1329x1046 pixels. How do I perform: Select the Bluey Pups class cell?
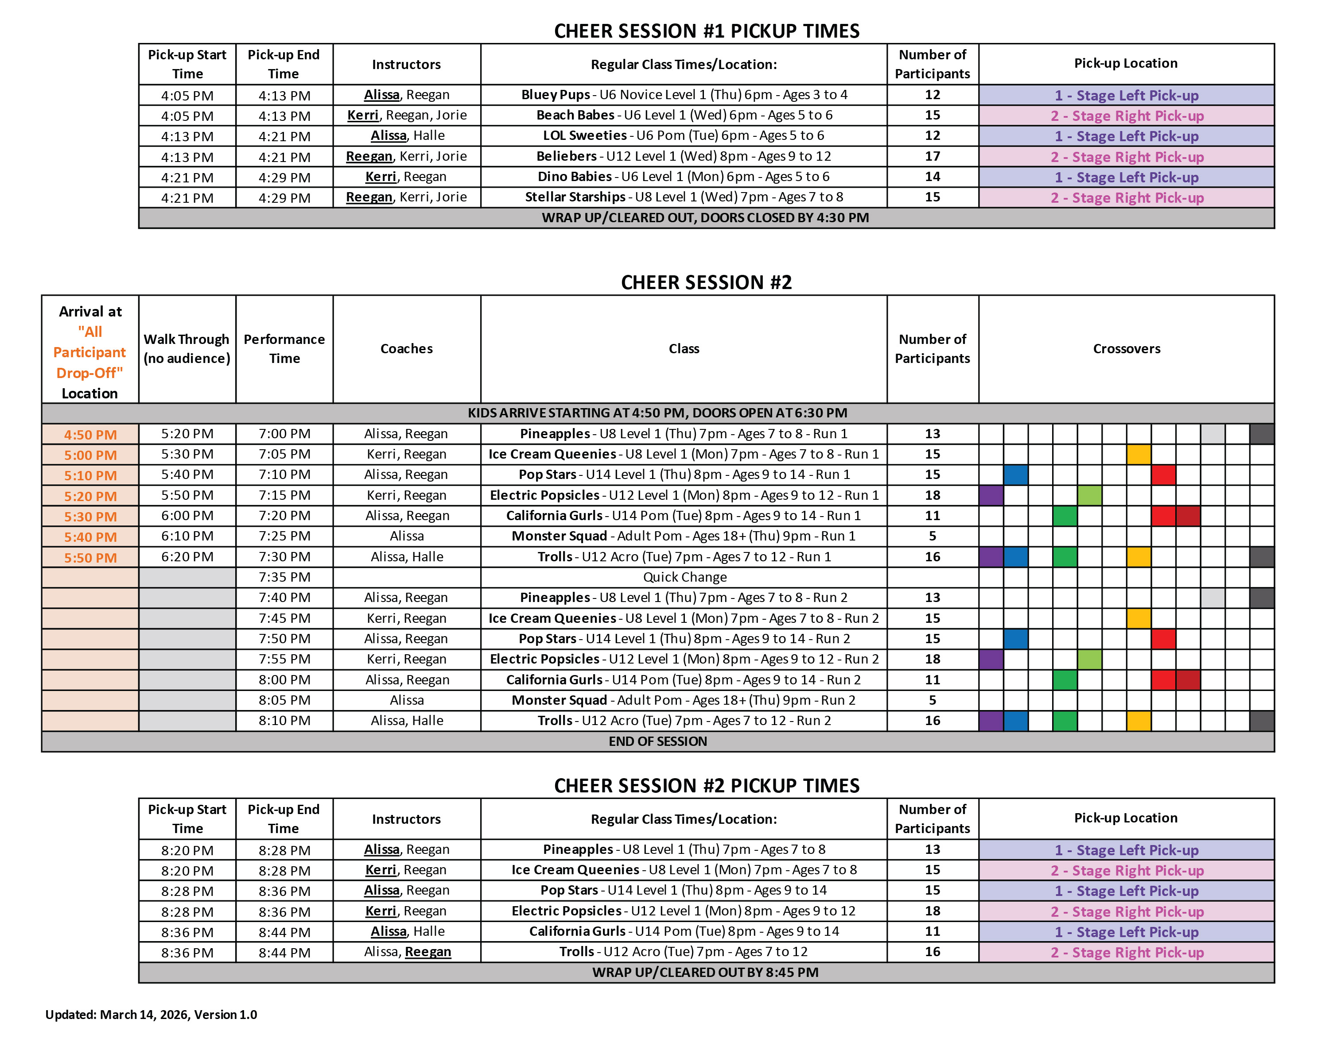pyautogui.click(x=684, y=95)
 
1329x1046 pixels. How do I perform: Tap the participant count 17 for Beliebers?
pyautogui.click(x=932, y=156)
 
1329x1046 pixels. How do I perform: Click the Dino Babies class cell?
pyautogui.click(x=684, y=177)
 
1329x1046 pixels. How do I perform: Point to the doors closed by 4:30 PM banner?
pyautogui.click(x=705, y=218)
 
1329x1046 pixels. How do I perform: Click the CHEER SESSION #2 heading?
pyautogui.click(x=706, y=282)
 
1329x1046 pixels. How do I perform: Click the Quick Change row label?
pyautogui.click(x=684, y=577)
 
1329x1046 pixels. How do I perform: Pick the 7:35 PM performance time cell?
pyautogui.click(x=284, y=577)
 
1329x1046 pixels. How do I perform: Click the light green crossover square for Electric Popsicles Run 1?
pyautogui.click(x=1089, y=495)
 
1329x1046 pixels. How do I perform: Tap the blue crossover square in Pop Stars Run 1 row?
pyautogui.click(x=1015, y=475)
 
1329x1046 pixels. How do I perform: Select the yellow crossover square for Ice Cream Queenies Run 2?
pyautogui.click(x=1139, y=618)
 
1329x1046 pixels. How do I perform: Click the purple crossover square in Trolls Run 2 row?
pyautogui.click(x=991, y=721)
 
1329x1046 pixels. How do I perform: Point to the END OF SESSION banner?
pyautogui.click(x=657, y=741)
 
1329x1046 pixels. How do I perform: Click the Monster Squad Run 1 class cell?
pyautogui.click(x=684, y=537)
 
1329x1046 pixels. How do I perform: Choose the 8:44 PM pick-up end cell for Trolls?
pyautogui.click(x=284, y=952)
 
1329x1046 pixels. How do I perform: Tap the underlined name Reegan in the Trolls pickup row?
pyautogui.click(x=427, y=952)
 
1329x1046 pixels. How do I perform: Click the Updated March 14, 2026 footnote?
pyautogui.click(x=152, y=1015)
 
